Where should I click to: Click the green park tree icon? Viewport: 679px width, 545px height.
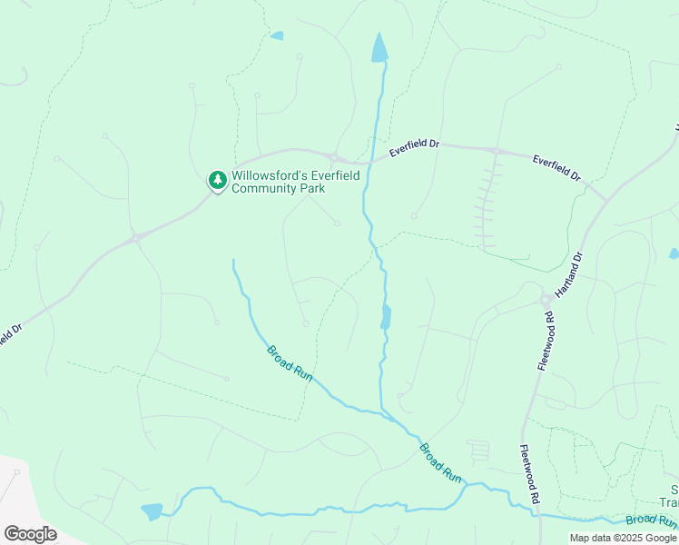click(217, 181)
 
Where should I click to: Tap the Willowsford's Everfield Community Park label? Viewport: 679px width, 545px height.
click(279, 182)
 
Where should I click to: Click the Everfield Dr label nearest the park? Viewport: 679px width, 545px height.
click(414, 148)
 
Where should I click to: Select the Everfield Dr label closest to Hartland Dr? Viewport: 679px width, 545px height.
click(556, 166)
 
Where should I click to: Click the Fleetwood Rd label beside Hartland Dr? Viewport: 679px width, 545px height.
click(545, 341)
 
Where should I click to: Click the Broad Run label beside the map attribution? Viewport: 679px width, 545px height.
click(651, 520)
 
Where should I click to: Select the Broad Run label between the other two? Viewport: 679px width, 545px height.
click(440, 461)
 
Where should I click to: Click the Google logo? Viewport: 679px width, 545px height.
click(30, 534)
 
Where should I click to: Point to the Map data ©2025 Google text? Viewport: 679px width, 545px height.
click(624, 538)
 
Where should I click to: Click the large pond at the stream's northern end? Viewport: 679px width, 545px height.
click(379, 48)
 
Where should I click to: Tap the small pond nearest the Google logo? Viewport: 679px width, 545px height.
click(152, 511)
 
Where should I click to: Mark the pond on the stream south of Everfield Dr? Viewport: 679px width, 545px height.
click(386, 317)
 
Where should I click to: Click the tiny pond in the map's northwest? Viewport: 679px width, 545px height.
click(277, 36)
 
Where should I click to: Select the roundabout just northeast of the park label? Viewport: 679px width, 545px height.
click(335, 157)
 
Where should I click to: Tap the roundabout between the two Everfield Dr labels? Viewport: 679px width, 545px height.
click(496, 150)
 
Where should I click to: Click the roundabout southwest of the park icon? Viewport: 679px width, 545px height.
click(137, 238)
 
